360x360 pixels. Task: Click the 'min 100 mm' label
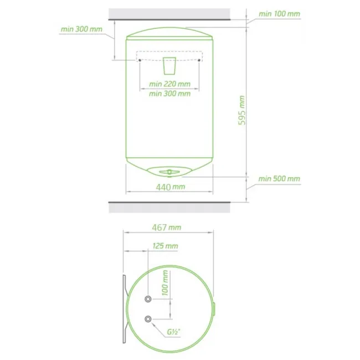pos(279,14)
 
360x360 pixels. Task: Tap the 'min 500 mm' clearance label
pos(279,179)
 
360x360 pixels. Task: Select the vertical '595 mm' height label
pos(241,110)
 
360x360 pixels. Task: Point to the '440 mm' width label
pos(171,187)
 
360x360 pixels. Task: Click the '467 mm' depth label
pos(167,228)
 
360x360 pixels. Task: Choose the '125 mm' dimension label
pos(165,246)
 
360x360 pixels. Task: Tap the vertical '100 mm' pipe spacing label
pos(165,283)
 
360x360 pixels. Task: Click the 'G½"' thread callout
pos(173,332)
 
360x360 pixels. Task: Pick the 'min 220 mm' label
pos(169,84)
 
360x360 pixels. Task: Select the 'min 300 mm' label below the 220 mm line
pos(169,94)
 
